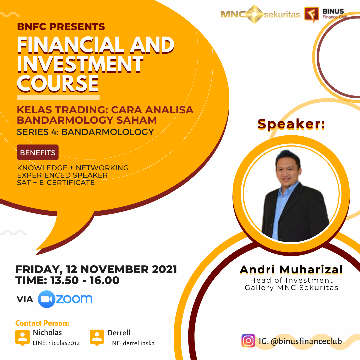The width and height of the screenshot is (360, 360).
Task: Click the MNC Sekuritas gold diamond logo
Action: tap(254, 14)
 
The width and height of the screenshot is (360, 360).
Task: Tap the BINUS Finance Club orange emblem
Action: tap(312, 14)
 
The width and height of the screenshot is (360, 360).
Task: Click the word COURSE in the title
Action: tap(58, 83)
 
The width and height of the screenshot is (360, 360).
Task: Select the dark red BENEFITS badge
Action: tap(38, 152)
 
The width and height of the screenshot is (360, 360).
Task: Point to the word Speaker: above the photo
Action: tap(291, 124)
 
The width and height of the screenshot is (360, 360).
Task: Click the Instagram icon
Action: tap(248, 340)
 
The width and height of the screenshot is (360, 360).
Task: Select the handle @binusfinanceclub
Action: tap(306, 341)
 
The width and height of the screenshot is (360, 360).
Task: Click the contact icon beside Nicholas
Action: tap(23, 337)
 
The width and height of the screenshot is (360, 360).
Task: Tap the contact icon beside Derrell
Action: tap(97, 337)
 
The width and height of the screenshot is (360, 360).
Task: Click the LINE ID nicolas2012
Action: tap(64, 343)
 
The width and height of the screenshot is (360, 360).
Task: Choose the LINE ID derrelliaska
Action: tap(139, 343)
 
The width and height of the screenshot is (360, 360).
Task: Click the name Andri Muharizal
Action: tap(291, 270)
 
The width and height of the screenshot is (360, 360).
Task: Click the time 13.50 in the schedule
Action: tap(65, 280)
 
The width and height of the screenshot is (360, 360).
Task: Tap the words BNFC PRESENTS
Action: tap(61, 27)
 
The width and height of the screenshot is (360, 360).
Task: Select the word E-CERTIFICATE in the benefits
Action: tap(67, 183)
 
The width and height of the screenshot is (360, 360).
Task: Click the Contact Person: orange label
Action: tap(42, 323)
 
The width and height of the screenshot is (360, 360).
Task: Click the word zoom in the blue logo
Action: tap(74, 299)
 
